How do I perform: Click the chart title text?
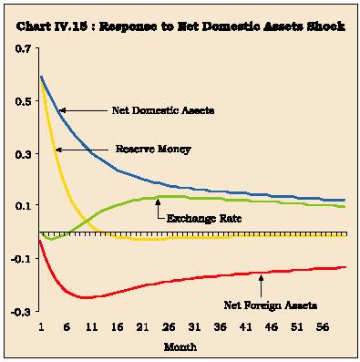point(180,26)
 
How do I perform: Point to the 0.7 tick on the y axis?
point(23,48)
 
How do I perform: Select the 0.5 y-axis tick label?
point(23,101)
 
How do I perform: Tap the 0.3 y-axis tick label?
point(23,154)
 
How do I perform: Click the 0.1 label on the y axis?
point(23,205)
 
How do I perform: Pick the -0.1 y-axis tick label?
point(21,259)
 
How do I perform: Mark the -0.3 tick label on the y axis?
point(21,312)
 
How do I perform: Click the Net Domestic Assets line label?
point(163,110)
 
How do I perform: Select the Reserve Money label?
point(153,150)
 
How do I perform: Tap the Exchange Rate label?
point(204,218)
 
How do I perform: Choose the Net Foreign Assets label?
point(271,305)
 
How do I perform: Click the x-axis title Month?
point(180,346)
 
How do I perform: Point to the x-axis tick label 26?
point(169,327)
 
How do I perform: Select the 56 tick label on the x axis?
point(323,327)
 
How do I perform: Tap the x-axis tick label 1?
point(41,327)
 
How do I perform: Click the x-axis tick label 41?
point(245,327)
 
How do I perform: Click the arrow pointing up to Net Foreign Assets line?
point(261,285)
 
